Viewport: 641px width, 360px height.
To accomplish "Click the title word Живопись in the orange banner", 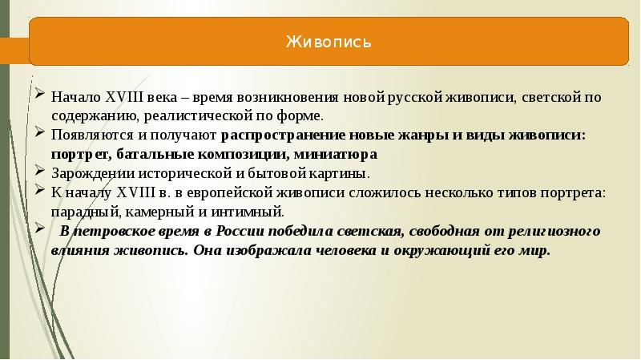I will click(x=329, y=41).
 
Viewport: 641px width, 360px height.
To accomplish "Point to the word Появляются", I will click(x=87, y=135).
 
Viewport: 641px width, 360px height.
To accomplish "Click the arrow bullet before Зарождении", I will click(x=41, y=170).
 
